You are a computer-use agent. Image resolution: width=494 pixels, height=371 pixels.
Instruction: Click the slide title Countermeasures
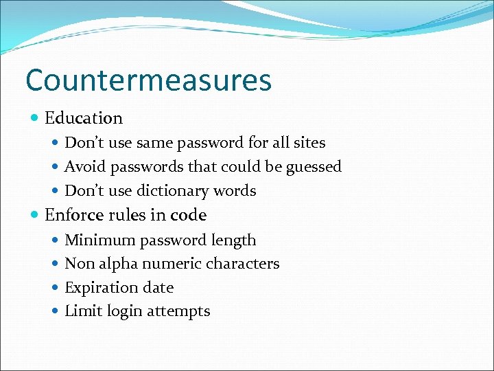[148, 80]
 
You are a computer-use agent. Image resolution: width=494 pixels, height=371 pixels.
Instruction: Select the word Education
[84, 118]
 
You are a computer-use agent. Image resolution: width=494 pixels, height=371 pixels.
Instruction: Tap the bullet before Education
[35, 118]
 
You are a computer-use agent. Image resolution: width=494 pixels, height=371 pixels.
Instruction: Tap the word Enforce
[73, 215]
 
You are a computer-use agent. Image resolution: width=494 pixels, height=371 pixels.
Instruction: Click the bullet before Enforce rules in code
[35, 215]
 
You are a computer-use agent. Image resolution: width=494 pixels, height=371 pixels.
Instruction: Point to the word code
[188, 215]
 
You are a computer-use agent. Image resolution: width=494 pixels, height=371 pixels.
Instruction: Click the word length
[234, 240]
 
